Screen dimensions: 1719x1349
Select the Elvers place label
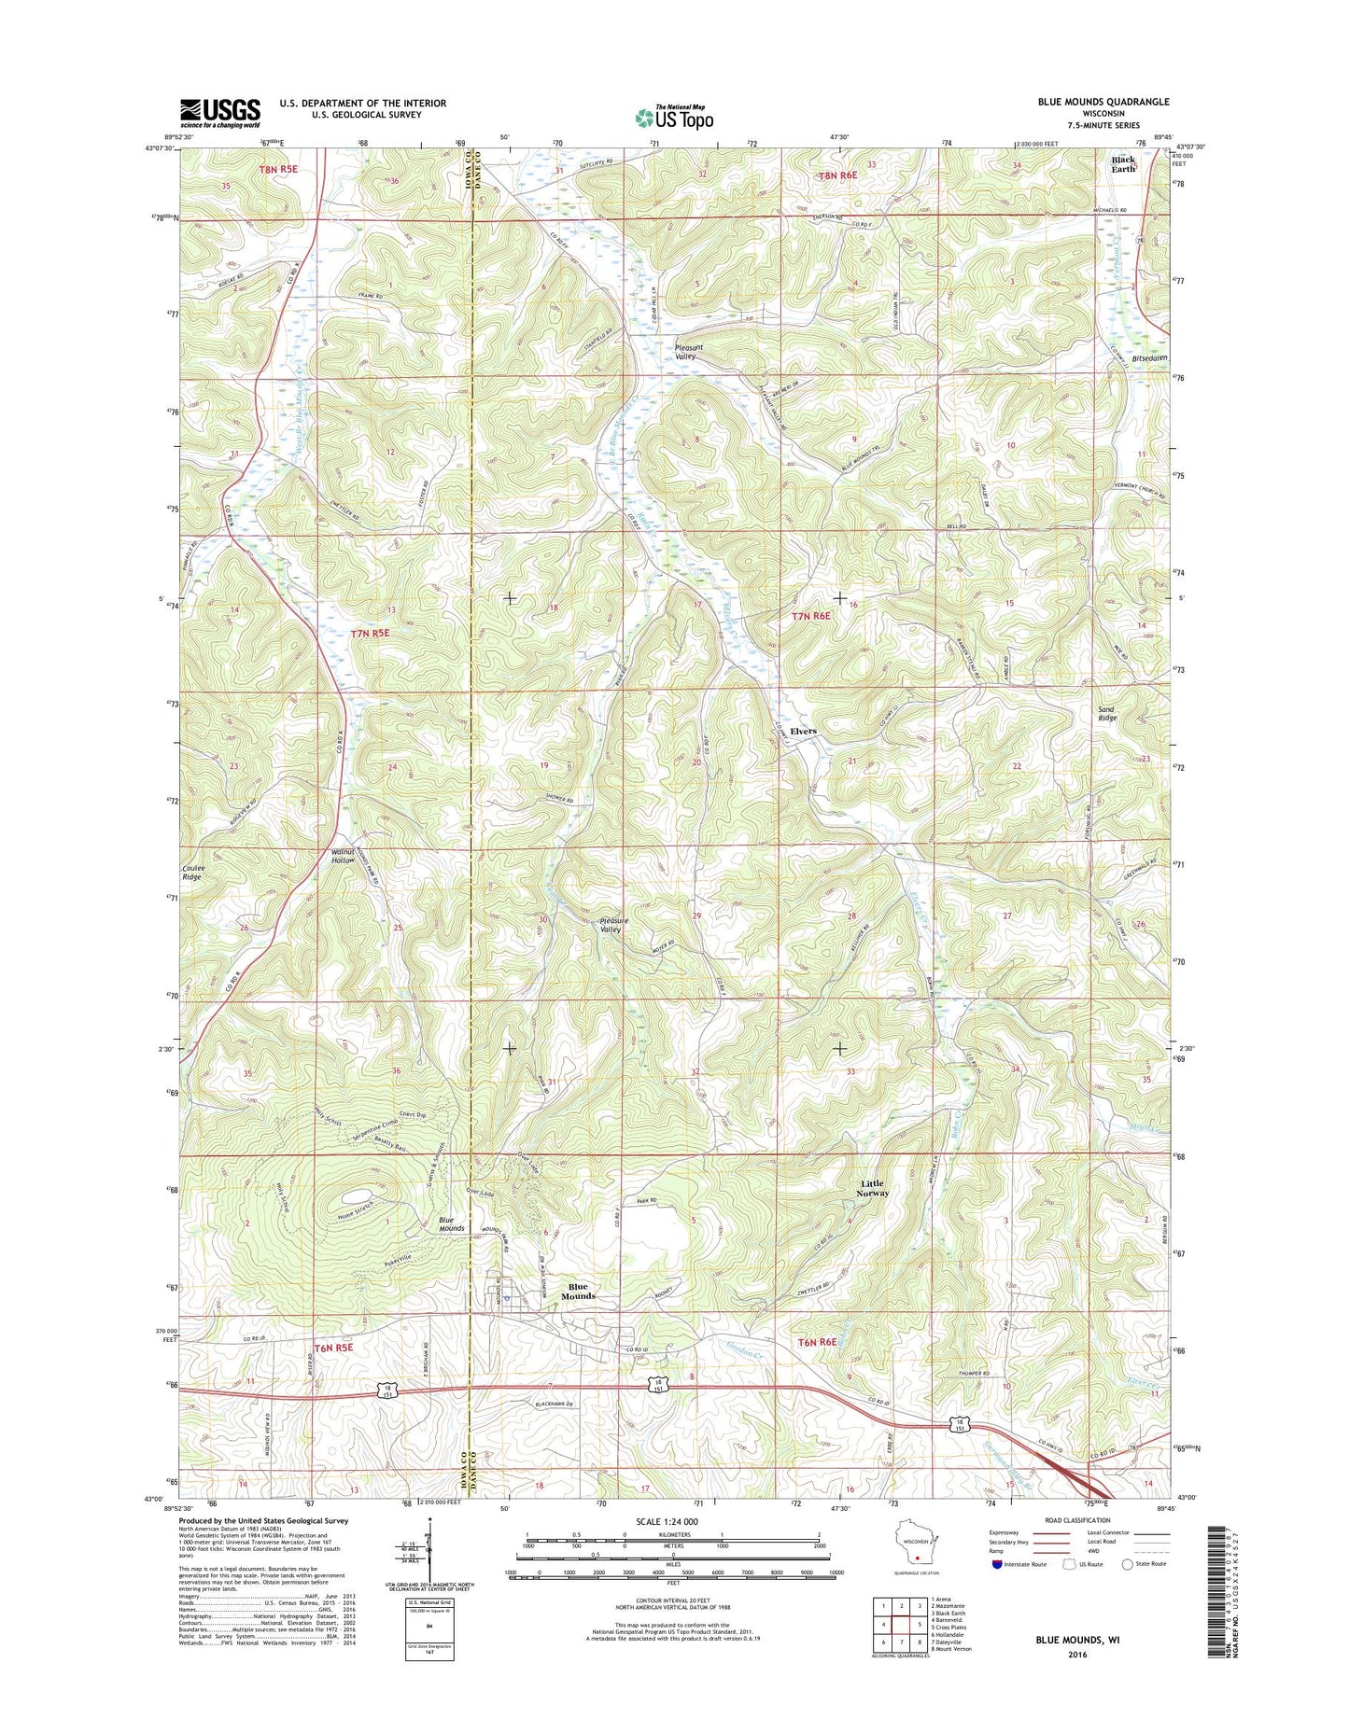803,731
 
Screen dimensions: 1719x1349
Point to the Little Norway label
874,1188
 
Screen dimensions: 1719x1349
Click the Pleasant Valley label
686,352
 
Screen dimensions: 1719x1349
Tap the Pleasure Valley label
613,925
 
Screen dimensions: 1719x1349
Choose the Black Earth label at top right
1123,164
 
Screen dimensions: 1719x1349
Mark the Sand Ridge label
1107,714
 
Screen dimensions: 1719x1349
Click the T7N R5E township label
369,634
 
